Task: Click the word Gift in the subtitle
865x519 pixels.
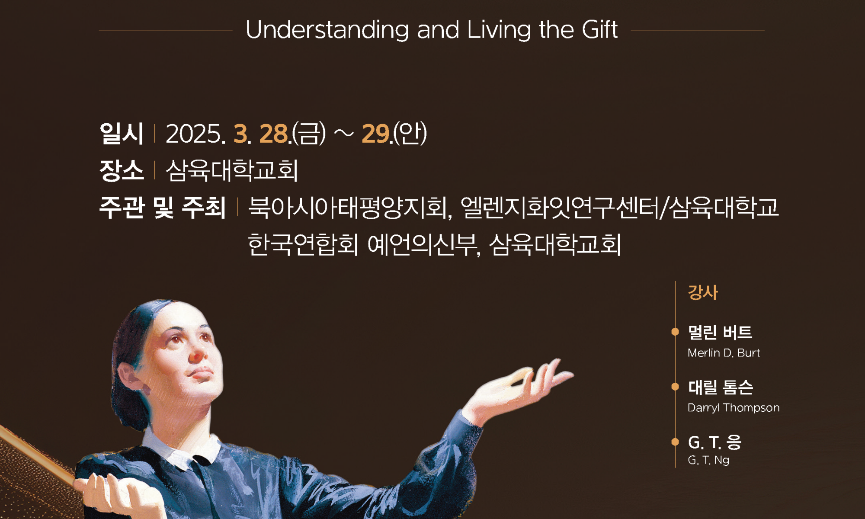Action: [x=599, y=30]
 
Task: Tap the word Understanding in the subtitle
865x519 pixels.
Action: [x=327, y=31]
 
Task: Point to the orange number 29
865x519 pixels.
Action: [x=375, y=134]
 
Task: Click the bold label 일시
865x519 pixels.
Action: [x=121, y=133]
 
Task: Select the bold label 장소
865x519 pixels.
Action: [x=121, y=170]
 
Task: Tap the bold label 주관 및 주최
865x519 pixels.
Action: [x=163, y=207]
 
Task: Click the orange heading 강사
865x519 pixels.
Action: [x=703, y=292]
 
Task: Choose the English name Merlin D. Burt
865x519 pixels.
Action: [x=724, y=353]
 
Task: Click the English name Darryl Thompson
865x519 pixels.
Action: [x=734, y=408]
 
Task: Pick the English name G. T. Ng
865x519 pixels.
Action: [x=708, y=460]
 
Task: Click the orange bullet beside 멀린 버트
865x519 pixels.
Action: [x=675, y=332]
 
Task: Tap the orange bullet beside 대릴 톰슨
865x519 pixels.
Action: [x=675, y=387]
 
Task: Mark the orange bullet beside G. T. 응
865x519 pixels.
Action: [x=675, y=442]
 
